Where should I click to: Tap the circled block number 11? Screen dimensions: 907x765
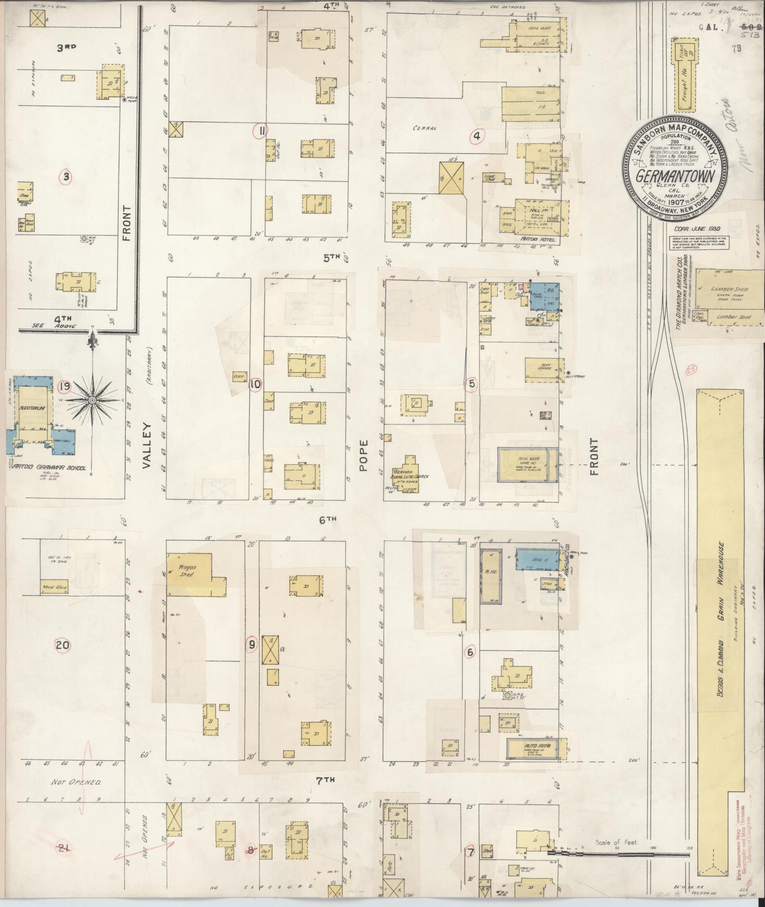pos(260,130)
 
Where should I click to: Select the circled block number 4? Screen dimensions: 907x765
pos(476,137)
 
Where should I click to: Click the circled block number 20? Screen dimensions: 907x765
pos(63,645)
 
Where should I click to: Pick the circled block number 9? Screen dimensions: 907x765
pos(252,644)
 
